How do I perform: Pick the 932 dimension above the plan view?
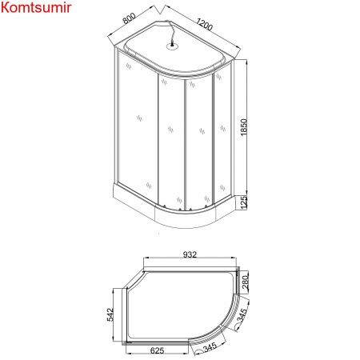190,254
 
